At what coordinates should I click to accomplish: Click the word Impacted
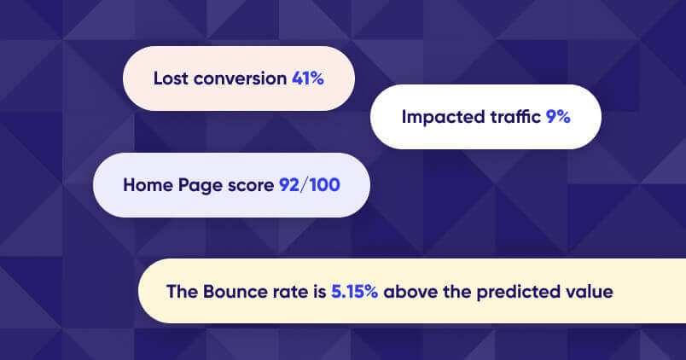[441, 117]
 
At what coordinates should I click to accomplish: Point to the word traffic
[514, 117]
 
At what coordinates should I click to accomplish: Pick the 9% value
[559, 117]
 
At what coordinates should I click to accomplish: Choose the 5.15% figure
[356, 292]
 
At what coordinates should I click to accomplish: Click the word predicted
[518, 292]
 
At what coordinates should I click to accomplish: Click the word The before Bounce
[181, 292]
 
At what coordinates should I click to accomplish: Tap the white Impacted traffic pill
[485, 117]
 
